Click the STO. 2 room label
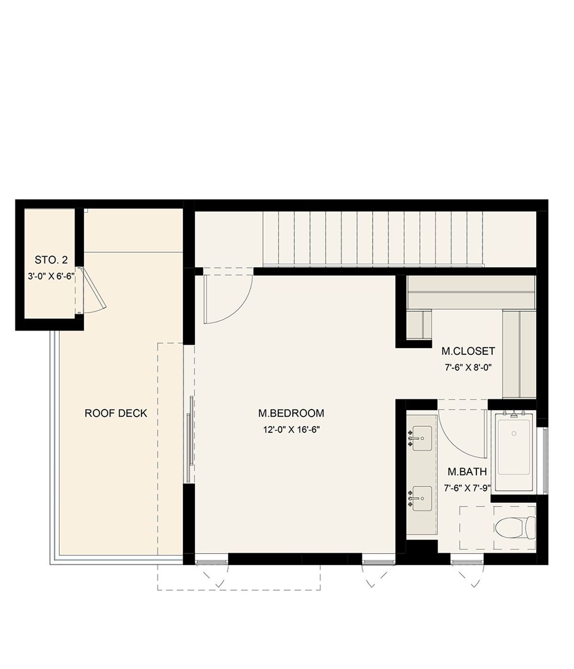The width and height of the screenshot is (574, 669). pyautogui.click(x=51, y=260)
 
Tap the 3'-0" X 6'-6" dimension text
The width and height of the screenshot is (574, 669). pyautogui.click(x=51, y=276)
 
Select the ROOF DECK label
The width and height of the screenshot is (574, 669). pyautogui.click(x=116, y=413)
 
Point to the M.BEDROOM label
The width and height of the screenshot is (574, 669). pyautogui.click(x=291, y=413)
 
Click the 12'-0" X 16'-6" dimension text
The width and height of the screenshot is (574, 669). pyautogui.click(x=291, y=430)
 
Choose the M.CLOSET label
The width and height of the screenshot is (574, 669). pyautogui.click(x=468, y=351)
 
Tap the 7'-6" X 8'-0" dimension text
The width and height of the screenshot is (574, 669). pyautogui.click(x=468, y=367)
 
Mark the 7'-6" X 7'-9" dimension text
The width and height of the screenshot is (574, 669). pyautogui.click(x=467, y=488)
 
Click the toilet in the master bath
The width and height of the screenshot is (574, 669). pyautogui.click(x=515, y=528)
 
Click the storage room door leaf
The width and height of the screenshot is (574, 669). pyautogui.click(x=93, y=288)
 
